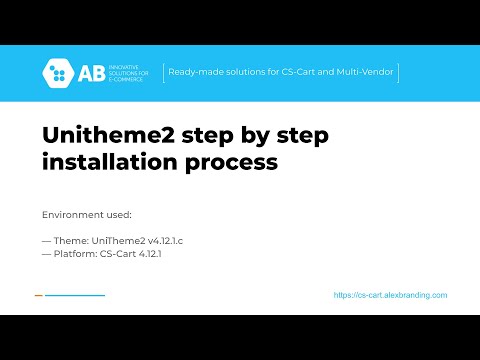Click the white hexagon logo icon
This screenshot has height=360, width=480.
coord(57,72)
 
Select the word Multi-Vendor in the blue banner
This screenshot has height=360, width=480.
coord(367,72)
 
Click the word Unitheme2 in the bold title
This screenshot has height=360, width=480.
coord(96,135)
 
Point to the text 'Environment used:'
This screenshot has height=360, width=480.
coord(86,214)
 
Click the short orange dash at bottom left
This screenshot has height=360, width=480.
coord(38,295)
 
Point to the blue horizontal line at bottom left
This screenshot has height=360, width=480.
coord(75,295)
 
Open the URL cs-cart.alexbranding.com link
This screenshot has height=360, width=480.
coord(390,295)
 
